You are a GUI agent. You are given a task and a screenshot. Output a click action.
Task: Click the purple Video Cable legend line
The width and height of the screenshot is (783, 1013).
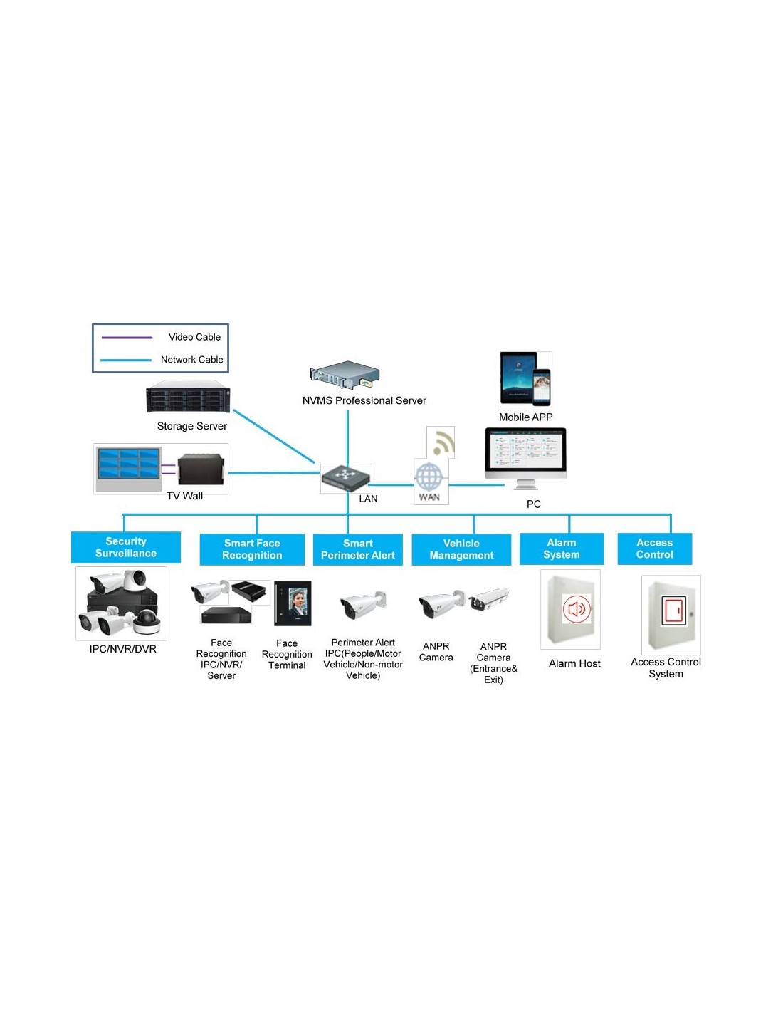(127, 338)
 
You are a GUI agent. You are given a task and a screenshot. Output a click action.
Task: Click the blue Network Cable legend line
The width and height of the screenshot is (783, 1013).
(126, 360)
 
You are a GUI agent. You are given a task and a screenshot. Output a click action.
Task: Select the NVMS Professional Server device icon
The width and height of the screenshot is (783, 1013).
(345, 375)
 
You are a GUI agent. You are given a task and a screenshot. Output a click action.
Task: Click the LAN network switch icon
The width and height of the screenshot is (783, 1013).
(346, 477)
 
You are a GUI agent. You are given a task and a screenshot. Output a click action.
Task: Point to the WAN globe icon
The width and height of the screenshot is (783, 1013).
(429, 476)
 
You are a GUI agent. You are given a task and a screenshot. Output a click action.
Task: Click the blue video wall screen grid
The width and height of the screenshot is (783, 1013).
(129, 463)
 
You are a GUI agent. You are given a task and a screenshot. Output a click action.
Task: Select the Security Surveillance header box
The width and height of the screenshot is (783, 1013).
(126, 548)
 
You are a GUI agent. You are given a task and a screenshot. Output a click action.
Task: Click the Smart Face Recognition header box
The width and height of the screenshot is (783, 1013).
(252, 549)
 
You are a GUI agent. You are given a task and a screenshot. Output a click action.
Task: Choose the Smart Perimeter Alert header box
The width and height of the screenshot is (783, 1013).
(358, 549)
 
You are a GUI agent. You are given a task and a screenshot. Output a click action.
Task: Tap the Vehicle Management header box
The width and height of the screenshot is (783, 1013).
(461, 549)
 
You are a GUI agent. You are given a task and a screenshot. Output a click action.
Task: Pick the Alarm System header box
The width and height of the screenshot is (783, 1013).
(562, 549)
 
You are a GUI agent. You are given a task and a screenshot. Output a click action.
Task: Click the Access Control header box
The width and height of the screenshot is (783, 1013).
(654, 549)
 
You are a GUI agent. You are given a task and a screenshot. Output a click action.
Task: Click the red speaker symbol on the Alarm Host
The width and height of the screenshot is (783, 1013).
(577, 609)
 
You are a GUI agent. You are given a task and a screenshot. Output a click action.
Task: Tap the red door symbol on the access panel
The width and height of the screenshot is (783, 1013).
(673, 611)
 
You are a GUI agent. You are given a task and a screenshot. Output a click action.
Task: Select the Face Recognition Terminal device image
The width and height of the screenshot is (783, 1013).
(293, 603)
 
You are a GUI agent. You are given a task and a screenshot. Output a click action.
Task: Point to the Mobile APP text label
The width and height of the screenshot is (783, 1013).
(525, 417)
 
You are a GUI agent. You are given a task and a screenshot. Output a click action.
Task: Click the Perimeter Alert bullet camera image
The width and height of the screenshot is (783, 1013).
(363, 606)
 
